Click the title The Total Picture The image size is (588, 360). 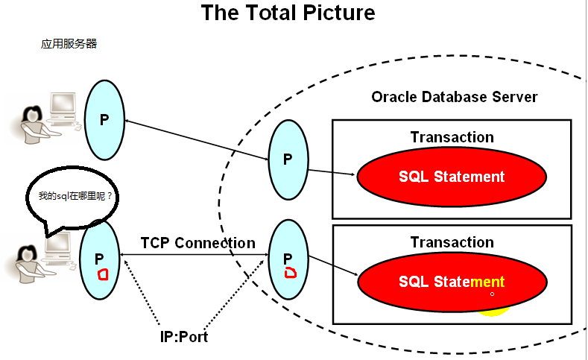[288, 13]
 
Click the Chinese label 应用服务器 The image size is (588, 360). [69, 44]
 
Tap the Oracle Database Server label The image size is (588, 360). [454, 98]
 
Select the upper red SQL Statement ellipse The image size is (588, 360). [451, 177]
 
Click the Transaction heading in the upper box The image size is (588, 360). [452, 137]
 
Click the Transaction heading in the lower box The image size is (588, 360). [452, 242]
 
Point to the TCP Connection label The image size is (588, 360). [197, 243]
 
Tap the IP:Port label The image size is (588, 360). [183, 337]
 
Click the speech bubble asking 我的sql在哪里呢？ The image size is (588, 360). [75, 198]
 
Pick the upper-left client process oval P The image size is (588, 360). [104, 119]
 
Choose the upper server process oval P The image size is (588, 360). [288, 158]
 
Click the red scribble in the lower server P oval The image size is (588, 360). [291, 272]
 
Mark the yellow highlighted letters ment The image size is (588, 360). [487, 282]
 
